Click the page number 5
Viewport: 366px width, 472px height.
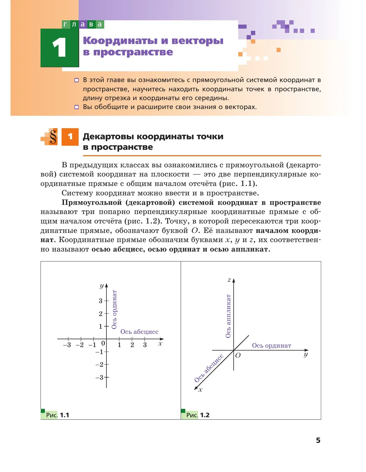coord(318,440)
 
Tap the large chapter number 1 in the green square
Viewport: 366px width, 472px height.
coord(59,48)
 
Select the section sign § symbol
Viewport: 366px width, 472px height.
coord(53,137)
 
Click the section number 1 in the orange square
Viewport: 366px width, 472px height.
coord(70,137)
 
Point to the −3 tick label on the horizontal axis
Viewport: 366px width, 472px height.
coord(67,345)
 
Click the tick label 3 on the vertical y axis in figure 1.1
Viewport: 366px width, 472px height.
coord(101,301)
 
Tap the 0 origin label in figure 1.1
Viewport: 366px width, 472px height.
coord(103,343)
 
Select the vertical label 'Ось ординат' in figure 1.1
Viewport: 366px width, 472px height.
coord(114,310)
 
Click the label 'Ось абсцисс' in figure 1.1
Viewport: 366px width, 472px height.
coord(139,332)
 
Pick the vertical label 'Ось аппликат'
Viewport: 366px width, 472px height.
coord(228,316)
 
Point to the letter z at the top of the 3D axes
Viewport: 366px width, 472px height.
coord(229,280)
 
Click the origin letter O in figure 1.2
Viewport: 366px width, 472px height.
coord(238,355)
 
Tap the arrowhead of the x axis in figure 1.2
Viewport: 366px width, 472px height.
coord(196,388)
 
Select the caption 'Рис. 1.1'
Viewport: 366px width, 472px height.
coord(57,415)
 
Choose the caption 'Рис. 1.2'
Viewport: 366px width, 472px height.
coord(198,415)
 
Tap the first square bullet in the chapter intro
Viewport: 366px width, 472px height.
coord(77,80)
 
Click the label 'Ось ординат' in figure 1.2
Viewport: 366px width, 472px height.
coord(271,346)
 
